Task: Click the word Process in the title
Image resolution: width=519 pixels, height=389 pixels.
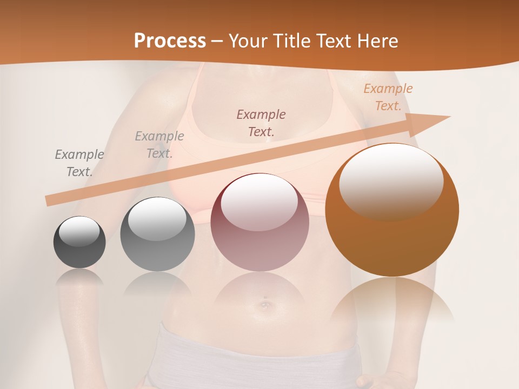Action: click(170, 41)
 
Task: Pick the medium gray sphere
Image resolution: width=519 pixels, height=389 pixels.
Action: click(157, 254)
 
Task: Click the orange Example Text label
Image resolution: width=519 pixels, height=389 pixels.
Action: click(388, 97)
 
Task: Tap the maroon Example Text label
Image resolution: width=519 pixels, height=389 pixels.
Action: click(261, 123)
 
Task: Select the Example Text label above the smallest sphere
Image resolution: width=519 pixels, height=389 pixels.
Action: click(79, 163)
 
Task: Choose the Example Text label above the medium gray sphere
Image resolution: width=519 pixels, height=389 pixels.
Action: click(159, 144)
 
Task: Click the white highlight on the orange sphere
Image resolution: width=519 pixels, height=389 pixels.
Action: click(391, 181)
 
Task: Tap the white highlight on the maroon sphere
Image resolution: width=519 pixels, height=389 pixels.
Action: click(259, 203)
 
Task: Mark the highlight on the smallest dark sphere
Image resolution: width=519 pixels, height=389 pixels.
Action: click(79, 231)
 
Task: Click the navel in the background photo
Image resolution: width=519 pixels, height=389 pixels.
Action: click(264, 305)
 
